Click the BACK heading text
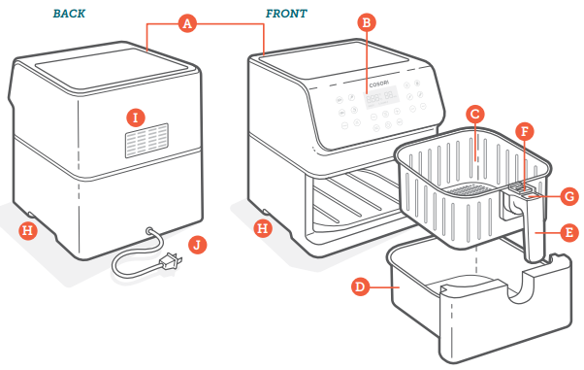point(69,14)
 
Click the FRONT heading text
point(286,14)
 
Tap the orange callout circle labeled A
point(187,24)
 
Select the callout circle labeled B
point(367,22)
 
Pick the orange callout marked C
point(475,115)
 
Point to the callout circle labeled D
point(361,286)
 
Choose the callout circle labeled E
point(569,232)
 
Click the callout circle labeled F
point(525,132)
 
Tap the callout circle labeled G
point(569,196)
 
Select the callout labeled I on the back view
point(136,118)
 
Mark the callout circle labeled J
point(197,245)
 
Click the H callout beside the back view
point(28,230)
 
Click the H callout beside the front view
point(263,228)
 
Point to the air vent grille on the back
point(146,140)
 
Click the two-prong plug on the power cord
point(171,260)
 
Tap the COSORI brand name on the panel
point(378,84)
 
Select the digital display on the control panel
point(381,98)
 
